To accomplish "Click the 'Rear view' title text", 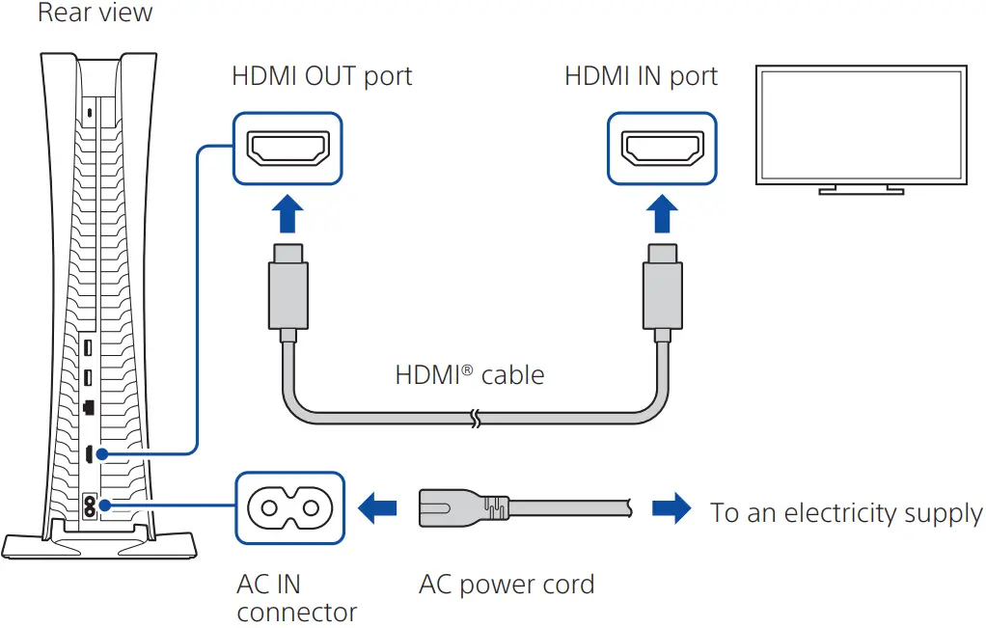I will [x=94, y=14].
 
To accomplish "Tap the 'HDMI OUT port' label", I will [x=321, y=76].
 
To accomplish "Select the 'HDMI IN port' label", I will [x=641, y=76].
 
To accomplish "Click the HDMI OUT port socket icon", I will [x=288, y=148].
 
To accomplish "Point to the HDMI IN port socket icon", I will [x=662, y=148].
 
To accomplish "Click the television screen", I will [x=861, y=125].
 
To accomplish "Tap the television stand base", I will [x=861, y=191].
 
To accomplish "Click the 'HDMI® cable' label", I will [x=469, y=374].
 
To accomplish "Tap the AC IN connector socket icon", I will [x=289, y=505].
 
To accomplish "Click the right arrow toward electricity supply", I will [x=671, y=507].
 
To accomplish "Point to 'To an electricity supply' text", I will [x=846, y=513].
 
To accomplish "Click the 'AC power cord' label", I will [x=506, y=585].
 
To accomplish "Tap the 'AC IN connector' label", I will [x=295, y=598].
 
